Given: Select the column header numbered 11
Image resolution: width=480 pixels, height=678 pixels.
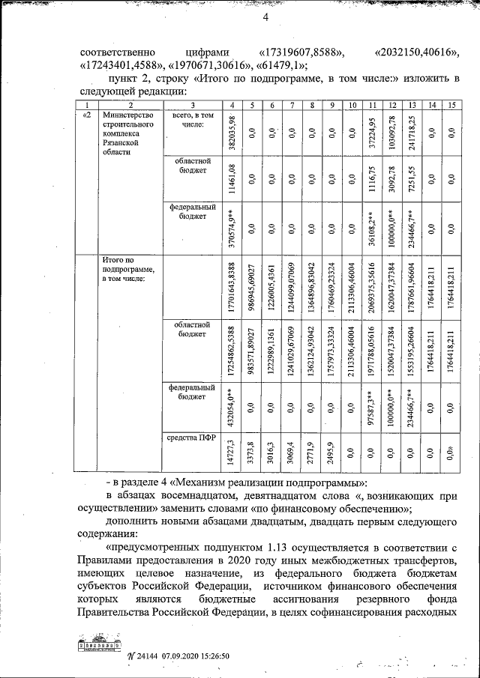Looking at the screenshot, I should [372, 105].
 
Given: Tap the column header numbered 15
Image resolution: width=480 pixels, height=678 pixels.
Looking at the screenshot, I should [450, 105].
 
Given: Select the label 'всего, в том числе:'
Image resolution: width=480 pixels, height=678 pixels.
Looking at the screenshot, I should [193, 120].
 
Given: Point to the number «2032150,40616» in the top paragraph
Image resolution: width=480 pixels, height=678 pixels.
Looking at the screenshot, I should [416, 53].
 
